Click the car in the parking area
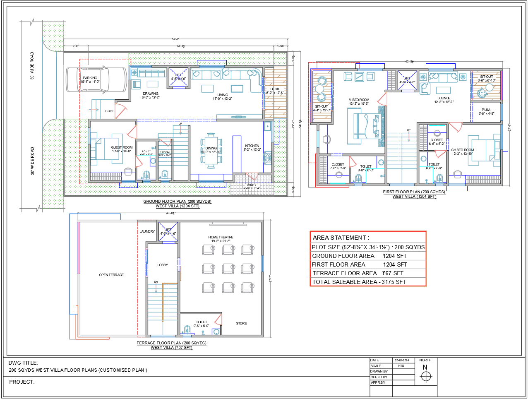coord(96,79)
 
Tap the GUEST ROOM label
coord(122,147)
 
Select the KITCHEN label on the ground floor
coord(252,146)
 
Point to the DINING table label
coord(211,148)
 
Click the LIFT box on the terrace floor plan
coord(168,232)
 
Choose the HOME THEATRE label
coord(221,237)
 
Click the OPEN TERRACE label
coord(111,275)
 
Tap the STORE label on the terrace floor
coord(241,323)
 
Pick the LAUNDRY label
coord(147,231)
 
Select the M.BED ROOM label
coord(359,100)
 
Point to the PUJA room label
coord(486,110)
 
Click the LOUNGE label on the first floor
coord(444,99)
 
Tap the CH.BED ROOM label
coord(462,150)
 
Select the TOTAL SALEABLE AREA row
coord(359,282)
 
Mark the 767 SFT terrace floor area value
coord(392,273)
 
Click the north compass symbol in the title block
coord(426,377)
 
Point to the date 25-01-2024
coord(401,361)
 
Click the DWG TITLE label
coord(23,363)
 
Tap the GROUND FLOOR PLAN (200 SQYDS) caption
coord(177,202)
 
